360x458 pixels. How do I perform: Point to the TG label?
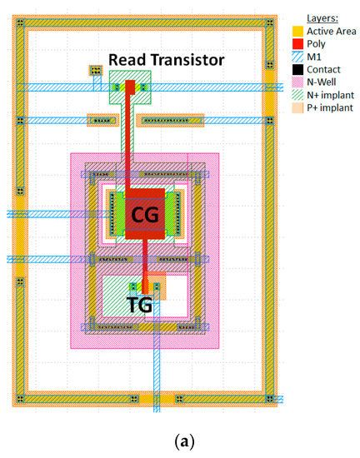pos(139,305)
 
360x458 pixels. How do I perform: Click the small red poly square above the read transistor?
pos(129,86)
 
